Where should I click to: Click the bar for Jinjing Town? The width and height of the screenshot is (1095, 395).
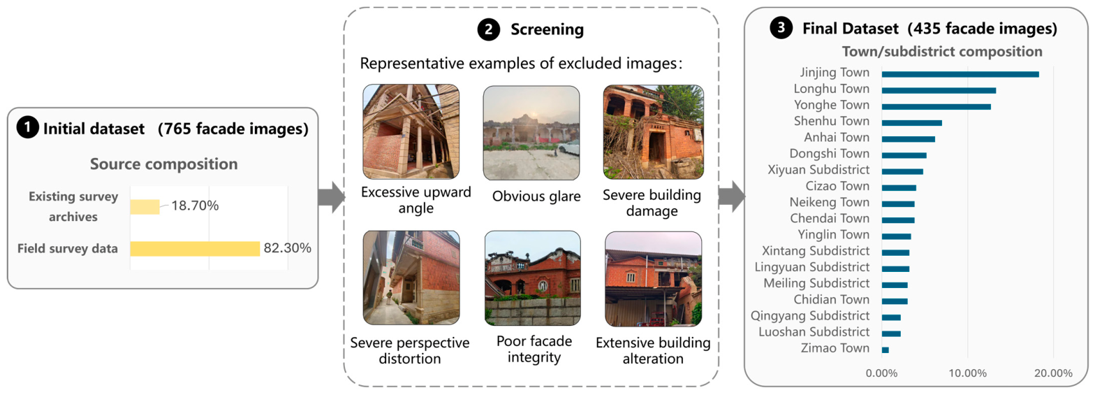(960, 74)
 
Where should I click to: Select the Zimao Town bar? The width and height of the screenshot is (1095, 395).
(885, 350)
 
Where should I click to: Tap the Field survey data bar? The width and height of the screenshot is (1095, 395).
(195, 249)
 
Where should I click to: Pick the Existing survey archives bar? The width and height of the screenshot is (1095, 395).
(145, 206)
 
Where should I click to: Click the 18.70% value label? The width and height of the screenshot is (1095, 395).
(195, 206)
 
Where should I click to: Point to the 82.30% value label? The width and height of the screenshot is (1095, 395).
(288, 248)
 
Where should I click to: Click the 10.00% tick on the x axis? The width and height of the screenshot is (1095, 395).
(967, 373)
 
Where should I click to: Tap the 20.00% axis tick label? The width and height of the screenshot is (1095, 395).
(1053, 373)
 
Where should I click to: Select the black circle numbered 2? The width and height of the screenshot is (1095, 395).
(488, 30)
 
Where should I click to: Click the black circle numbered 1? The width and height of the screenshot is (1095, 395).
(28, 127)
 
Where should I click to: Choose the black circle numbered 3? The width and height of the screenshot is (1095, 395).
(781, 28)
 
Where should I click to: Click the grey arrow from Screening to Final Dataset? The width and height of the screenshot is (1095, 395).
(732, 196)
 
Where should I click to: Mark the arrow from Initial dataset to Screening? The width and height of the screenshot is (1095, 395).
(332, 197)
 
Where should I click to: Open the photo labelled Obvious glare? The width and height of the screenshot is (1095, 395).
(531, 133)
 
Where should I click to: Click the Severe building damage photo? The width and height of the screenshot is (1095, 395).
(654, 132)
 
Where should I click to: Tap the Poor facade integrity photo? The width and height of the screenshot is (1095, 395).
(533, 278)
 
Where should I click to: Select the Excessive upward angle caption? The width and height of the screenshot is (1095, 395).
(416, 200)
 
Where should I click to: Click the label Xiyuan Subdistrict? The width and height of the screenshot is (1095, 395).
(818, 170)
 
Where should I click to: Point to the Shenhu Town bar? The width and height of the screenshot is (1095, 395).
(912, 123)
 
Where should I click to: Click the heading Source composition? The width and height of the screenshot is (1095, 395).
(163, 164)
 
